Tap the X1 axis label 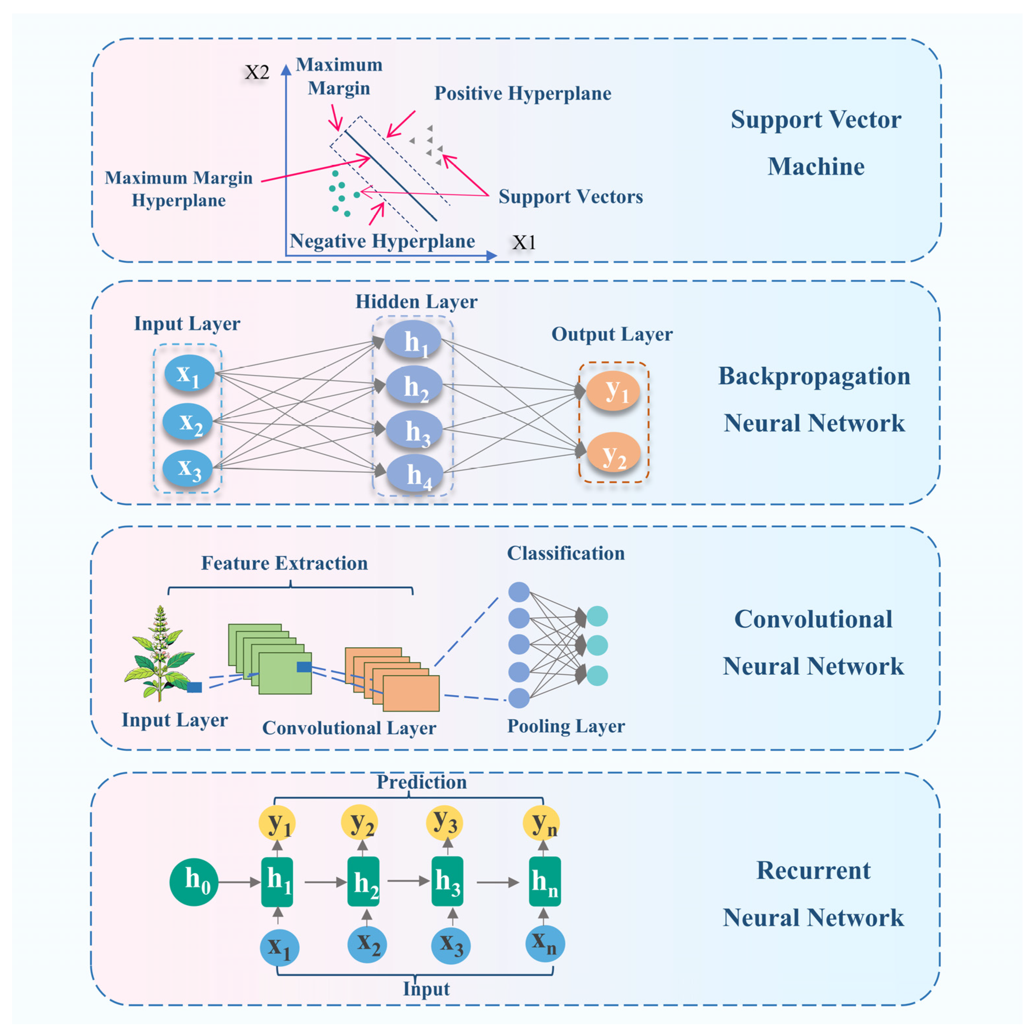[x=524, y=242]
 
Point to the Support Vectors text [x=570, y=197]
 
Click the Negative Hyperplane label [x=382, y=241]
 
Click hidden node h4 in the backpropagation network [x=415, y=474]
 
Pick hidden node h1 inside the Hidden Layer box [x=413, y=340]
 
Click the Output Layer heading [x=612, y=334]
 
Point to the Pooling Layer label [x=566, y=726]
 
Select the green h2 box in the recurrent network [x=364, y=881]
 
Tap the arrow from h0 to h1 [x=239, y=882]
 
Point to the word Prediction [x=422, y=782]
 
